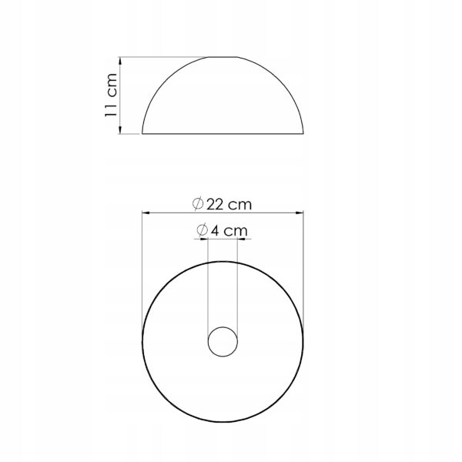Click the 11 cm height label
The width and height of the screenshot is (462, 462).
(112, 95)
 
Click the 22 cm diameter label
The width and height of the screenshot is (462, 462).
(223, 204)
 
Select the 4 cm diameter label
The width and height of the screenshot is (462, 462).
(222, 230)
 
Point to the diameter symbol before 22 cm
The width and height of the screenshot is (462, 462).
(198, 203)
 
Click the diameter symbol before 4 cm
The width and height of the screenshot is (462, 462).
(202, 230)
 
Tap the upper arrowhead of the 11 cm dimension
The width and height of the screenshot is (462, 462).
(120, 61)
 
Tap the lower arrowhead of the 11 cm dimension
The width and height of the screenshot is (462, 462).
(120, 129)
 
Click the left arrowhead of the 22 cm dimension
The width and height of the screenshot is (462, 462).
(146, 213)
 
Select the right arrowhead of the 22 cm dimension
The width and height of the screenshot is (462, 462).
(300, 213)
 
